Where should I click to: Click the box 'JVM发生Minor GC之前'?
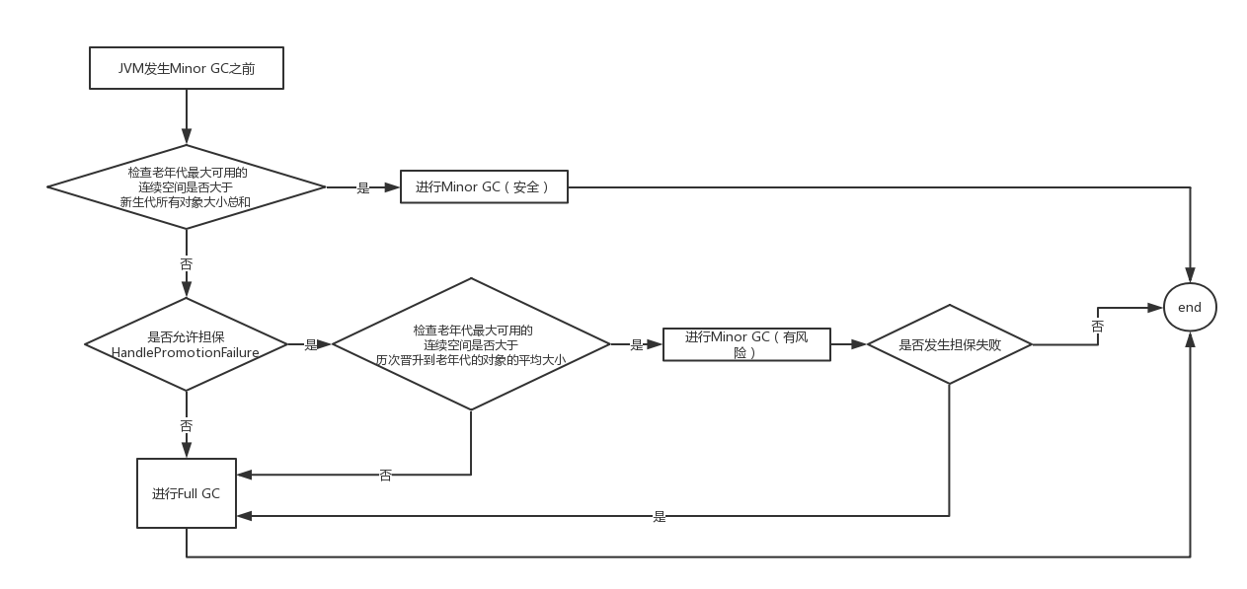pos(186,69)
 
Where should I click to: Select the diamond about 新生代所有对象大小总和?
pos(187,186)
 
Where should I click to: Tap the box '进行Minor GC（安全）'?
pos(484,187)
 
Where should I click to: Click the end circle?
pos(1189,307)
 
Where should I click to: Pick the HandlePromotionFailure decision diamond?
pos(186,344)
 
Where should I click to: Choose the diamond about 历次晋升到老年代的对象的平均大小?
pos(471,344)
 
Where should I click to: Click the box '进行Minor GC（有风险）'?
pos(745,344)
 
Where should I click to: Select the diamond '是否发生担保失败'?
pos(949,345)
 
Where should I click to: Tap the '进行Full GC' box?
pos(186,493)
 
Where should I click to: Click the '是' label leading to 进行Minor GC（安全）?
pos(362,187)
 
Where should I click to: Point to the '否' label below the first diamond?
pos(186,263)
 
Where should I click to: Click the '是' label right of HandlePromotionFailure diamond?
pos(311,344)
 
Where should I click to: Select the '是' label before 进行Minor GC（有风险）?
pos(636,344)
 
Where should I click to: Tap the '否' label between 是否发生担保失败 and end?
pos(1097,325)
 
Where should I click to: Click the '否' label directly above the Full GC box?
pos(186,425)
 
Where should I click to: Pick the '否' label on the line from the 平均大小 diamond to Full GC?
pos(385,475)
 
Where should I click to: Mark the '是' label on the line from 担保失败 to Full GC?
pos(659,515)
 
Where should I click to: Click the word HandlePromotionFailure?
pos(186,352)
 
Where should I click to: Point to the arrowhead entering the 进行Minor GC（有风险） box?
pos(657,344)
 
